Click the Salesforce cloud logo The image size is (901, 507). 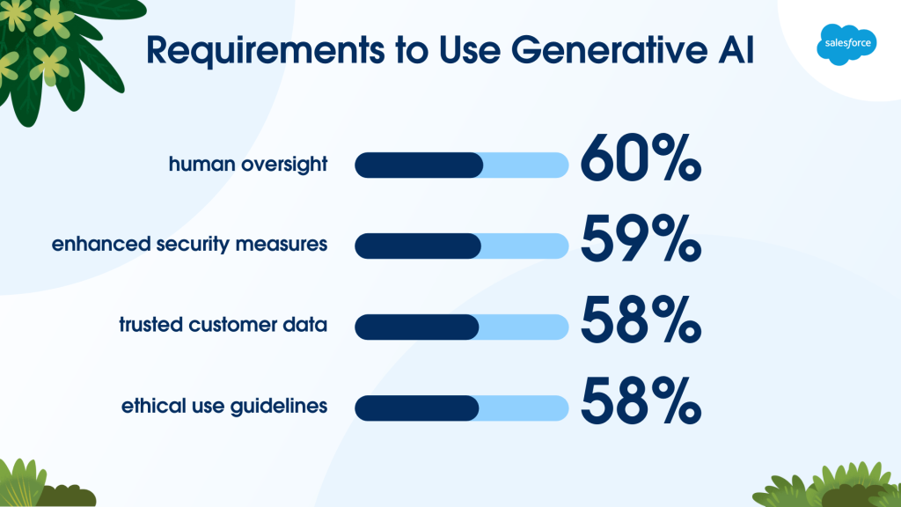846,44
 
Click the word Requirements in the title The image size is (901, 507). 266,50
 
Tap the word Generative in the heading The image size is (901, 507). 609,49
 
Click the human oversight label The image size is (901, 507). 248,165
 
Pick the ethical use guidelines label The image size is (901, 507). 224,406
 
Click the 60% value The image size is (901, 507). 641,158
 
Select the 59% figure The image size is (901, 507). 641,239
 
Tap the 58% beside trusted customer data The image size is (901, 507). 641,320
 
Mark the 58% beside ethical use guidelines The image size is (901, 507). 641,400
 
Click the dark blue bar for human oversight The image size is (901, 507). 419,165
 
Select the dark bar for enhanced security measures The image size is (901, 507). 418,246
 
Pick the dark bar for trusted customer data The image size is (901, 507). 416,327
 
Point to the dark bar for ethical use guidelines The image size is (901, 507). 416,408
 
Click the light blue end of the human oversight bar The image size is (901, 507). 526,165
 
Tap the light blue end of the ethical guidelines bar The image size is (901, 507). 524,408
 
